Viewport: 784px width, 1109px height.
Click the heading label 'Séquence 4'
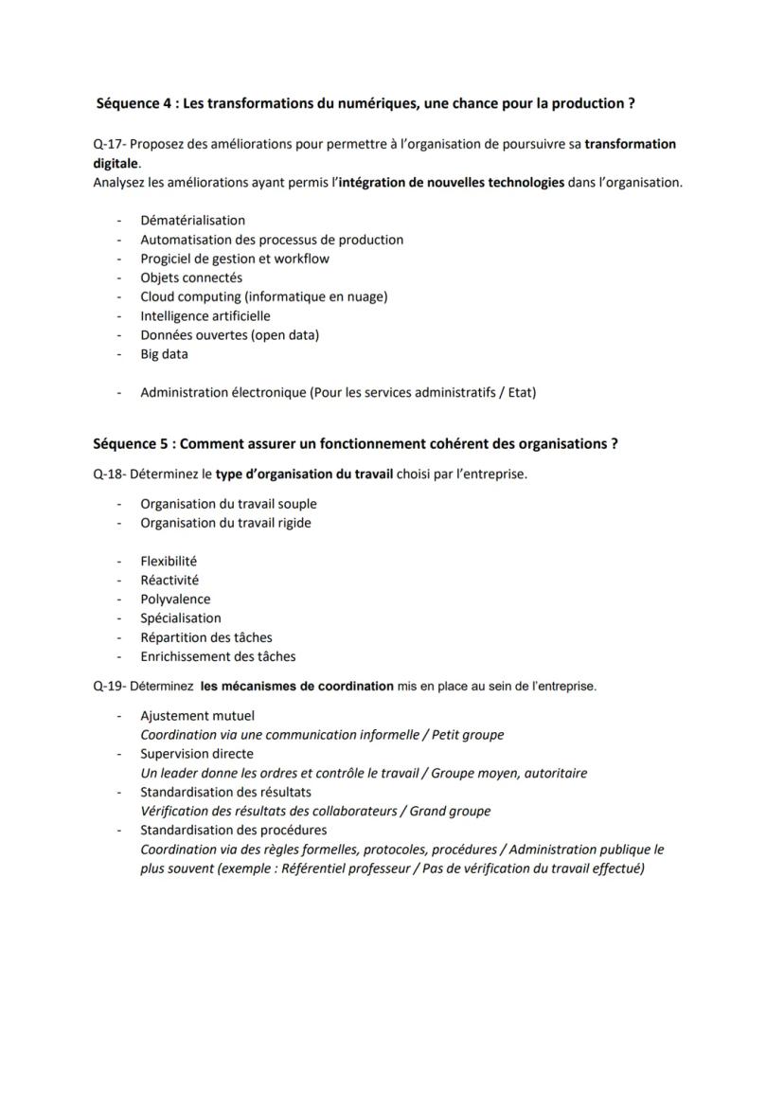(x=134, y=102)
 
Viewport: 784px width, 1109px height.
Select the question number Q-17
(x=108, y=144)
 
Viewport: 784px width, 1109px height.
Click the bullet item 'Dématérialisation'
(x=192, y=221)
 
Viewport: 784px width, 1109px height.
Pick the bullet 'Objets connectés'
(x=191, y=277)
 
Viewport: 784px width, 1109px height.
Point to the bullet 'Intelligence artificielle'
(x=205, y=315)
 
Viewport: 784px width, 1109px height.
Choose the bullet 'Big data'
(x=164, y=354)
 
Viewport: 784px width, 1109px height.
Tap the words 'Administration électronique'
(x=223, y=392)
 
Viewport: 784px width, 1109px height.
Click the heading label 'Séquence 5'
(x=130, y=443)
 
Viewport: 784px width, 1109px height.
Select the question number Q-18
(x=108, y=474)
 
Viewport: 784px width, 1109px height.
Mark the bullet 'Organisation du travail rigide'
(x=225, y=523)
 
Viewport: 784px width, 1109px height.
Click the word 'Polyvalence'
(x=175, y=599)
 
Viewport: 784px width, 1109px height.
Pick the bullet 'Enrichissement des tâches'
(x=218, y=656)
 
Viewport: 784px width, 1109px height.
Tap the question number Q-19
(x=108, y=686)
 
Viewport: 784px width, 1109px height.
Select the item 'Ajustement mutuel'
(x=197, y=716)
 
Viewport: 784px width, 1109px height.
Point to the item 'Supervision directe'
(x=196, y=754)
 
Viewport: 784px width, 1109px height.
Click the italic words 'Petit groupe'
(x=468, y=735)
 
